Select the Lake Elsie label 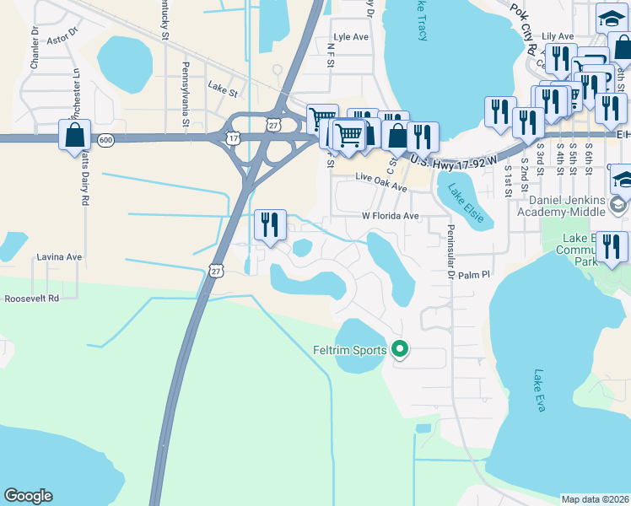(x=466, y=203)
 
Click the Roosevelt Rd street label (x=31, y=299)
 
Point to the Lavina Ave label (x=58, y=256)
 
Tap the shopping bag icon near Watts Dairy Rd (x=74, y=135)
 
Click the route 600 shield (x=105, y=140)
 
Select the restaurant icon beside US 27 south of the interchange (x=270, y=225)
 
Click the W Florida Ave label (x=391, y=216)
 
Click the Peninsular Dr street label (x=450, y=254)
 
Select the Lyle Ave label (x=352, y=37)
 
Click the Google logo (x=28, y=496)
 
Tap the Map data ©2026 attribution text (x=595, y=499)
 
